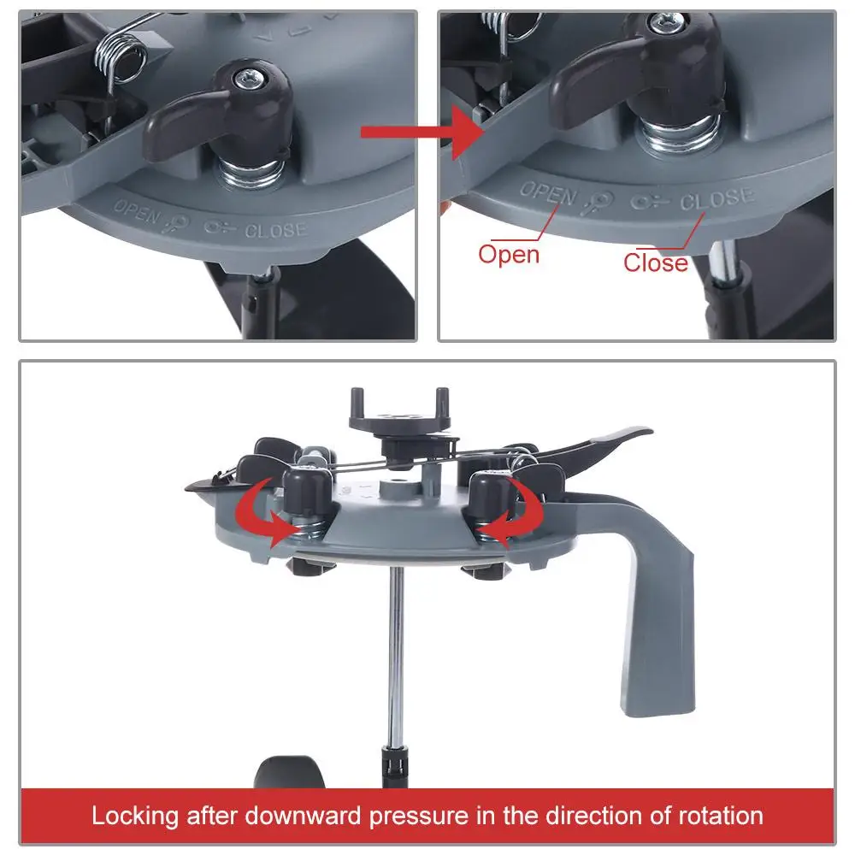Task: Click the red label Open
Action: coord(509,254)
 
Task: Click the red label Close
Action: coord(655,262)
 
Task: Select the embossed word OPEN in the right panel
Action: coord(547,194)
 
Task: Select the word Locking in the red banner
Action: coord(139,815)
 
